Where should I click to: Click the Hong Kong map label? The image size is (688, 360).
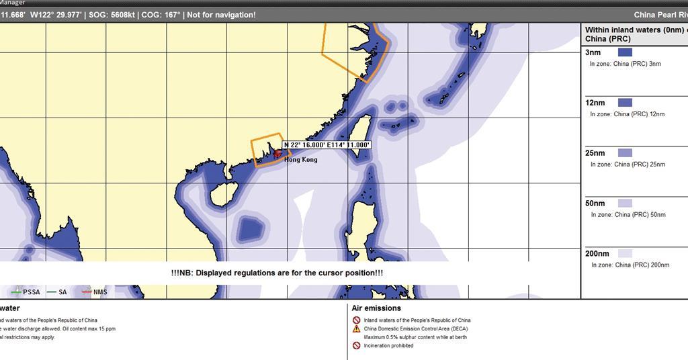coord(300,160)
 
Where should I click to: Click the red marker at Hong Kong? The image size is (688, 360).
coord(277,153)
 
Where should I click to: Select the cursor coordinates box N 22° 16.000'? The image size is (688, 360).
coord(327,144)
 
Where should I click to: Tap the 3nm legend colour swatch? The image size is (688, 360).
coord(625,52)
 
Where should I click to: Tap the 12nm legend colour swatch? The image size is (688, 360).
coord(625,103)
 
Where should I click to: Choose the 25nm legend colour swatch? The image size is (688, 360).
coord(625,153)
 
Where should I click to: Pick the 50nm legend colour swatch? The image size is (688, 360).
coord(625,204)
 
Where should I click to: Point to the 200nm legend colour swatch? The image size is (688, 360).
coord(625,254)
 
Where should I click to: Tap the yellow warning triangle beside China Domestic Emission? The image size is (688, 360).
coord(357,328)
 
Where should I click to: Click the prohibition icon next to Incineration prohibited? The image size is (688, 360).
coord(357,345)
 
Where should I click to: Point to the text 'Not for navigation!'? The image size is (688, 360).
coord(221,15)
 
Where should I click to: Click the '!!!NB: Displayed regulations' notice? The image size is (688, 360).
coord(277,273)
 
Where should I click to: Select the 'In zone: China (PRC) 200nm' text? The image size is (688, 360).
coord(630,265)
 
